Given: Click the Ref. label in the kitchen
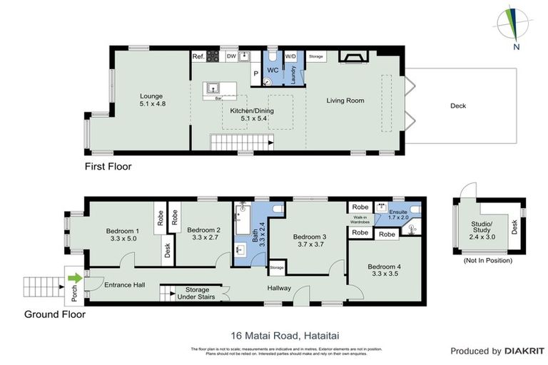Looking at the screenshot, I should (198, 56).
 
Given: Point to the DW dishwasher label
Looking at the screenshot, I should (230, 56).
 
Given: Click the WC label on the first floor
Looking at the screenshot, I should (273, 70).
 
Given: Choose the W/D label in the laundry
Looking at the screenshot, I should (290, 56).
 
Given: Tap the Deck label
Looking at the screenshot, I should (458, 106).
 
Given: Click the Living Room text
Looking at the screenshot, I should (345, 101).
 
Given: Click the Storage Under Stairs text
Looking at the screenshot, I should (197, 294).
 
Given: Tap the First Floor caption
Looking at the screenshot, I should (108, 166).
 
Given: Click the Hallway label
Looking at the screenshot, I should (278, 288).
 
